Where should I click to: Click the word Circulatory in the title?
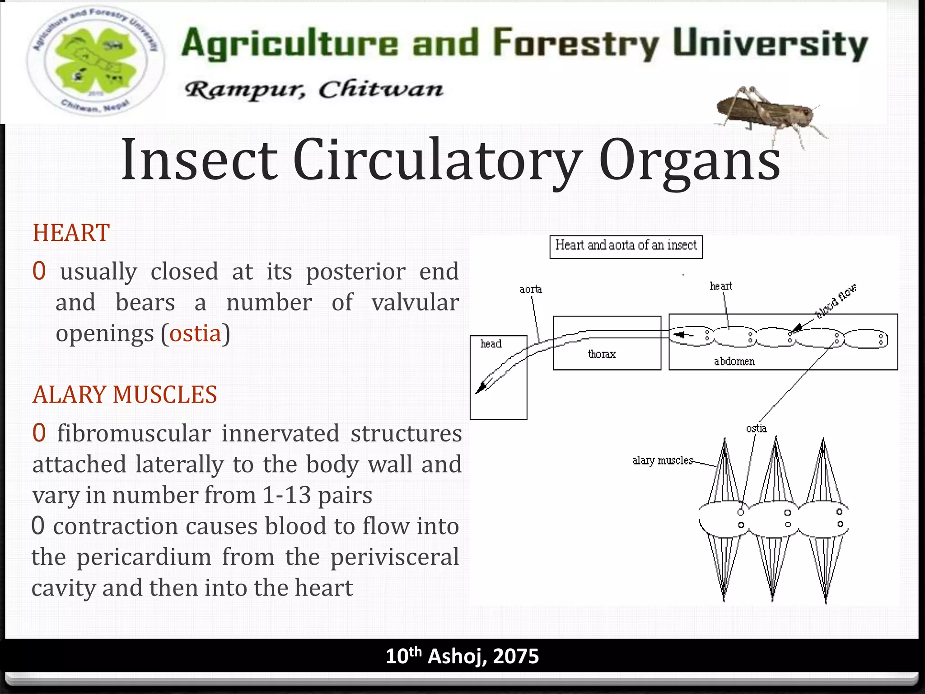(x=437, y=160)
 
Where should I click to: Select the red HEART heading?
(x=71, y=233)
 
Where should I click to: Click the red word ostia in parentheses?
(x=195, y=333)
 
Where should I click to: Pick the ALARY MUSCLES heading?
(x=125, y=394)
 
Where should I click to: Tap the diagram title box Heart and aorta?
(x=626, y=246)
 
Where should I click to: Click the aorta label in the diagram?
(x=531, y=289)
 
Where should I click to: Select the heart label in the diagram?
(x=721, y=286)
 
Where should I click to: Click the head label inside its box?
(x=491, y=344)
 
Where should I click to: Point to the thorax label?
(x=602, y=354)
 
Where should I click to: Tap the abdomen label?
(x=734, y=361)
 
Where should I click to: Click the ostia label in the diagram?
(x=756, y=428)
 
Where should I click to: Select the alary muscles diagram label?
(x=662, y=460)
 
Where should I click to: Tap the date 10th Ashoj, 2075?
(x=462, y=656)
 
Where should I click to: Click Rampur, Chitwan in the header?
(x=314, y=89)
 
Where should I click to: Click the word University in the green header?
(x=770, y=44)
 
